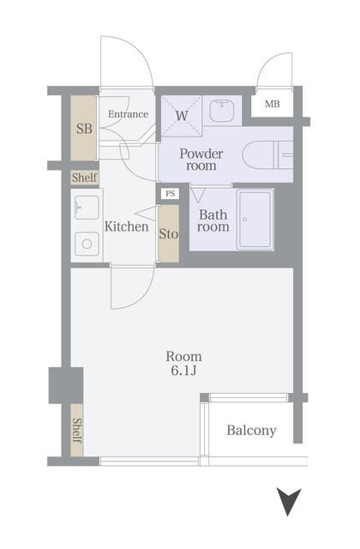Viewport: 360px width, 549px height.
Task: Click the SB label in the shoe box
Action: (x=84, y=130)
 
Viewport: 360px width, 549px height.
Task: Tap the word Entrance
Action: (x=128, y=114)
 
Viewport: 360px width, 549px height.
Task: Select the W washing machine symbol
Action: (x=182, y=115)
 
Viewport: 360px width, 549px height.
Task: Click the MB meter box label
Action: (x=272, y=105)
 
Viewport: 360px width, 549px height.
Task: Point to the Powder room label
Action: (x=201, y=160)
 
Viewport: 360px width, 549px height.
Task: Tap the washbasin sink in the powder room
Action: (x=223, y=111)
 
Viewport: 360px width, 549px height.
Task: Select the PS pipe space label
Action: (x=170, y=194)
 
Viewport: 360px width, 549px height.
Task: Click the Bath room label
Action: (x=213, y=221)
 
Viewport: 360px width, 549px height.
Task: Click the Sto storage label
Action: (x=169, y=232)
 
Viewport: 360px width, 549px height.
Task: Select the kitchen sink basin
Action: (x=87, y=208)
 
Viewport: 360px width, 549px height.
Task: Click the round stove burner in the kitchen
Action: (x=87, y=244)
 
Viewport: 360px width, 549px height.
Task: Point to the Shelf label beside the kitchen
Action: (x=84, y=178)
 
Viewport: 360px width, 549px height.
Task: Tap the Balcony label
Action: (x=251, y=431)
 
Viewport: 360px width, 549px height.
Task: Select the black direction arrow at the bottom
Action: (x=289, y=501)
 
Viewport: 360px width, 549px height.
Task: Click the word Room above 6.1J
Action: (x=183, y=356)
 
